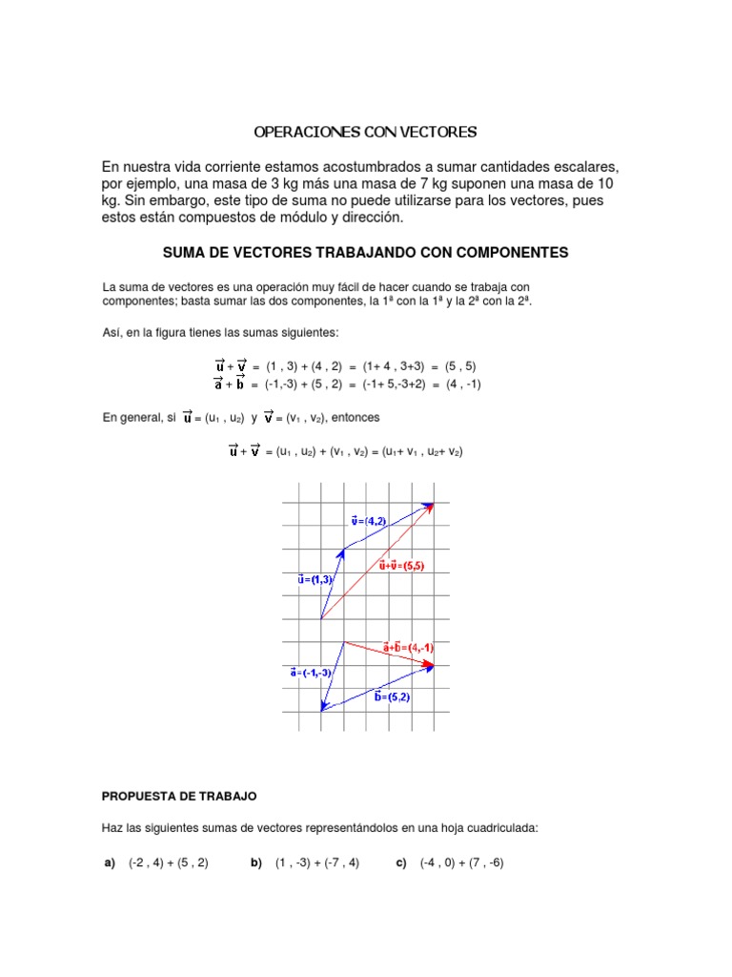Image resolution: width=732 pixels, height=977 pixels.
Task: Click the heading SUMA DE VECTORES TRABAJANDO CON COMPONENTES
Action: click(x=366, y=252)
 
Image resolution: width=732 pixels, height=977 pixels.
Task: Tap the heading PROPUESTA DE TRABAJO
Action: click(x=179, y=795)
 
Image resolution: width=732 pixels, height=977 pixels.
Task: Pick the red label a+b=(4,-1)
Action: click(x=407, y=647)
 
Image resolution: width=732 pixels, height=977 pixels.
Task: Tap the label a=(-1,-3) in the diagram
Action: click(x=311, y=672)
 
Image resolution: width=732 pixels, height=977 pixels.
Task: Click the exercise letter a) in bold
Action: click(x=110, y=863)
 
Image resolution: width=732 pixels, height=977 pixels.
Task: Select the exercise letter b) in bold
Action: click(x=256, y=863)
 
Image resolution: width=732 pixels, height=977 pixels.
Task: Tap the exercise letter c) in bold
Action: click(x=401, y=863)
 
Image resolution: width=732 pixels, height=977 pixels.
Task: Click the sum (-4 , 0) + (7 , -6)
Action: click(x=461, y=863)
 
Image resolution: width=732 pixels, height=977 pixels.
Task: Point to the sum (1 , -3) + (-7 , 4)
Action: click(x=317, y=863)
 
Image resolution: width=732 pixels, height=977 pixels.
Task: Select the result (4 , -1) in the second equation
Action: click(x=463, y=384)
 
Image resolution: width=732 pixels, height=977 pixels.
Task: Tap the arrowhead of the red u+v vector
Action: click(x=431, y=507)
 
